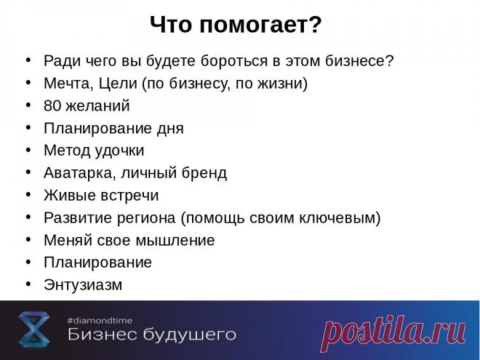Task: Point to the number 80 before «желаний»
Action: click(52, 106)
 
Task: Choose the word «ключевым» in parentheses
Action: click(343, 218)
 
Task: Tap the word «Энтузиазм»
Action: click(83, 285)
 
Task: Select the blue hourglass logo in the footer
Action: click(33, 329)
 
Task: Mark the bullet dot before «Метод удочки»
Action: click(28, 150)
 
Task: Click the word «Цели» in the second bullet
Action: click(116, 83)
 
